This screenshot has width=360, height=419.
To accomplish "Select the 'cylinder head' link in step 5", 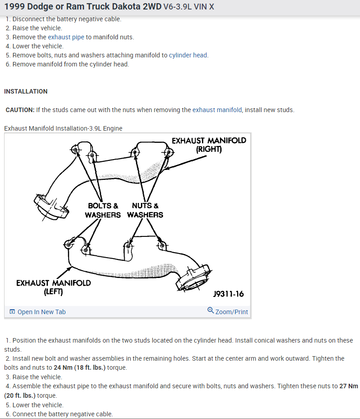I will click(188, 55).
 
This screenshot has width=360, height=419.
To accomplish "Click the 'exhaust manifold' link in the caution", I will click(217, 110).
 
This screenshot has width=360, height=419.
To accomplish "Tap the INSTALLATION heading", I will click(26, 91).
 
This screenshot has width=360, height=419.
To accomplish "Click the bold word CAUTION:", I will click(20, 110).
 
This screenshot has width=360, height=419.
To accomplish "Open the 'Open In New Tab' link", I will click(41, 312).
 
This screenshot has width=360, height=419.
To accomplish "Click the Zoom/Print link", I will click(231, 312).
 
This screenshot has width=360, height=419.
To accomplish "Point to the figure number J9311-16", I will click(228, 294).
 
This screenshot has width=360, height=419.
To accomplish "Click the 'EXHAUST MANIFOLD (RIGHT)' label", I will click(209, 145).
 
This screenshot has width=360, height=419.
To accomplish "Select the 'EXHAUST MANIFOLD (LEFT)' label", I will click(53, 287).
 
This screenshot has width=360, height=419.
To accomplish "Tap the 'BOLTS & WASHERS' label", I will click(103, 210).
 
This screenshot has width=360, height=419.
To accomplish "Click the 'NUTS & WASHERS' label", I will click(145, 210).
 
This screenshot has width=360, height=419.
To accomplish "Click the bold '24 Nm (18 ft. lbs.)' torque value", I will click(79, 367).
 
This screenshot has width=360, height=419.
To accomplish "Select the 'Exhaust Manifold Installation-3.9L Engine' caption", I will click(63, 128).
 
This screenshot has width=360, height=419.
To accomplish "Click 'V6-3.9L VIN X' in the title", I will click(189, 7).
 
